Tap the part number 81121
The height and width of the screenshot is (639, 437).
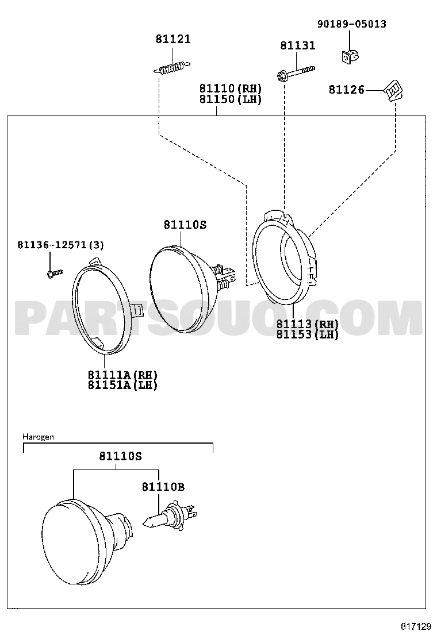point(173,39)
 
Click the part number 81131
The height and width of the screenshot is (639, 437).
point(298,45)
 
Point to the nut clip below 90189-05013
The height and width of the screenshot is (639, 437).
point(348,56)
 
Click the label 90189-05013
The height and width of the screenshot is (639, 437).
point(352,24)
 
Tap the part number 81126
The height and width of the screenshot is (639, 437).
point(347,90)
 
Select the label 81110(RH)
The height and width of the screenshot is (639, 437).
point(231,88)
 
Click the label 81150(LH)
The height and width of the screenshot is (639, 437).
point(231,99)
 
